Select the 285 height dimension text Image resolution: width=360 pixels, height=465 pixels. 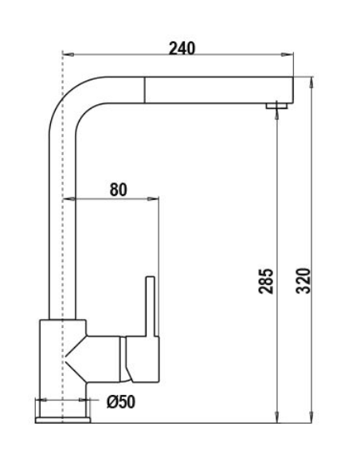click(x=268, y=281)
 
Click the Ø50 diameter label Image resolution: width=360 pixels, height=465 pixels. click(x=120, y=402)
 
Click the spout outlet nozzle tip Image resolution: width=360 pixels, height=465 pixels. click(x=276, y=106)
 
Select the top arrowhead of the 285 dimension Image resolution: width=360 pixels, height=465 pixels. click(x=276, y=112)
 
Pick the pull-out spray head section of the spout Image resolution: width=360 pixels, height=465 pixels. click(x=215, y=88)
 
